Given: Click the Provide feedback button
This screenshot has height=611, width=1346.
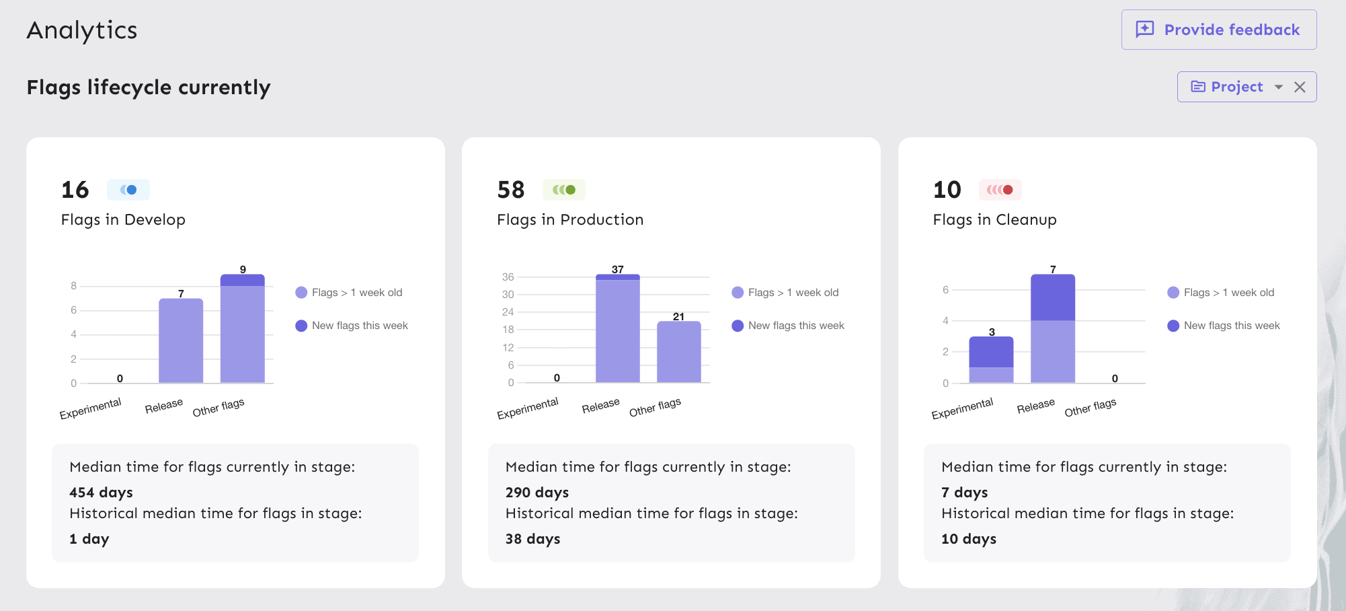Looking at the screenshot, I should pyautogui.click(x=1218, y=30).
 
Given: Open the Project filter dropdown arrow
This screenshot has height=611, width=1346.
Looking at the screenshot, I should pyautogui.click(x=1278, y=87).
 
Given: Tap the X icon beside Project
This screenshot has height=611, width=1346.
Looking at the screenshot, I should pyautogui.click(x=1300, y=87).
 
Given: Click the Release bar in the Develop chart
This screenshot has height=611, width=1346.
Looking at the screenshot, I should pyautogui.click(x=181, y=340).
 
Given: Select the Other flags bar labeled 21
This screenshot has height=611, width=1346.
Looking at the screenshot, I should pyautogui.click(x=678, y=352).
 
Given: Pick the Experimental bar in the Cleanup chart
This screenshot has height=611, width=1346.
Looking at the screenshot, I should pyautogui.click(x=991, y=360).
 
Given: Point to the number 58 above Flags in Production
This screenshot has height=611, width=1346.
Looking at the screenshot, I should pyautogui.click(x=511, y=190).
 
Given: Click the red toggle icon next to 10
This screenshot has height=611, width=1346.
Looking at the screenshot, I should pyautogui.click(x=1000, y=190).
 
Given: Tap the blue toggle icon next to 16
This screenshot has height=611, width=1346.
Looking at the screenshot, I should pyautogui.click(x=128, y=190).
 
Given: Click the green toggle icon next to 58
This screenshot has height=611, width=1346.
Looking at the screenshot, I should pyautogui.click(x=564, y=190).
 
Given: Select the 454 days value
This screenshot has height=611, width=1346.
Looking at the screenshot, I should pyautogui.click(x=101, y=493).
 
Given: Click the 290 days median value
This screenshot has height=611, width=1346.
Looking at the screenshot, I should pyautogui.click(x=537, y=493).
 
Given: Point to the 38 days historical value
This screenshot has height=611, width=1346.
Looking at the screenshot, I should pyautogui.click(x=532, y=539).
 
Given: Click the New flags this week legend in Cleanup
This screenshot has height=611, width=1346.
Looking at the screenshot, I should pyautogui.click(x=1231, y=326).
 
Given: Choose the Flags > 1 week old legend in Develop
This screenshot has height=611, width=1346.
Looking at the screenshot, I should pyautogui.click(x=356, y=293).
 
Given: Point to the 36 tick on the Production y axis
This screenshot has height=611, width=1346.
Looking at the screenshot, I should pyautogui.click(x=508, y=277).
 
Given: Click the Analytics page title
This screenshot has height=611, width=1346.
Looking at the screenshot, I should pyautogui.click(x=82, y=30).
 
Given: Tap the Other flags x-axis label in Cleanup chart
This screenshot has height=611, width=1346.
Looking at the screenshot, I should pyautogui.click(x=1090, y=407).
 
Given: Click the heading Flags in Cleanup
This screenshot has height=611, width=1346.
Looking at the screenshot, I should pyautogui.click(x=994, y=220).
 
